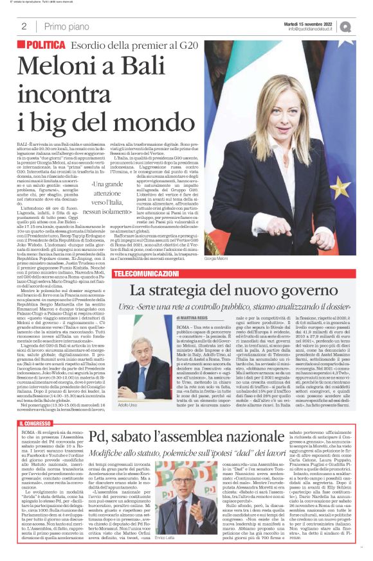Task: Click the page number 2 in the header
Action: click(24, 26)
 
